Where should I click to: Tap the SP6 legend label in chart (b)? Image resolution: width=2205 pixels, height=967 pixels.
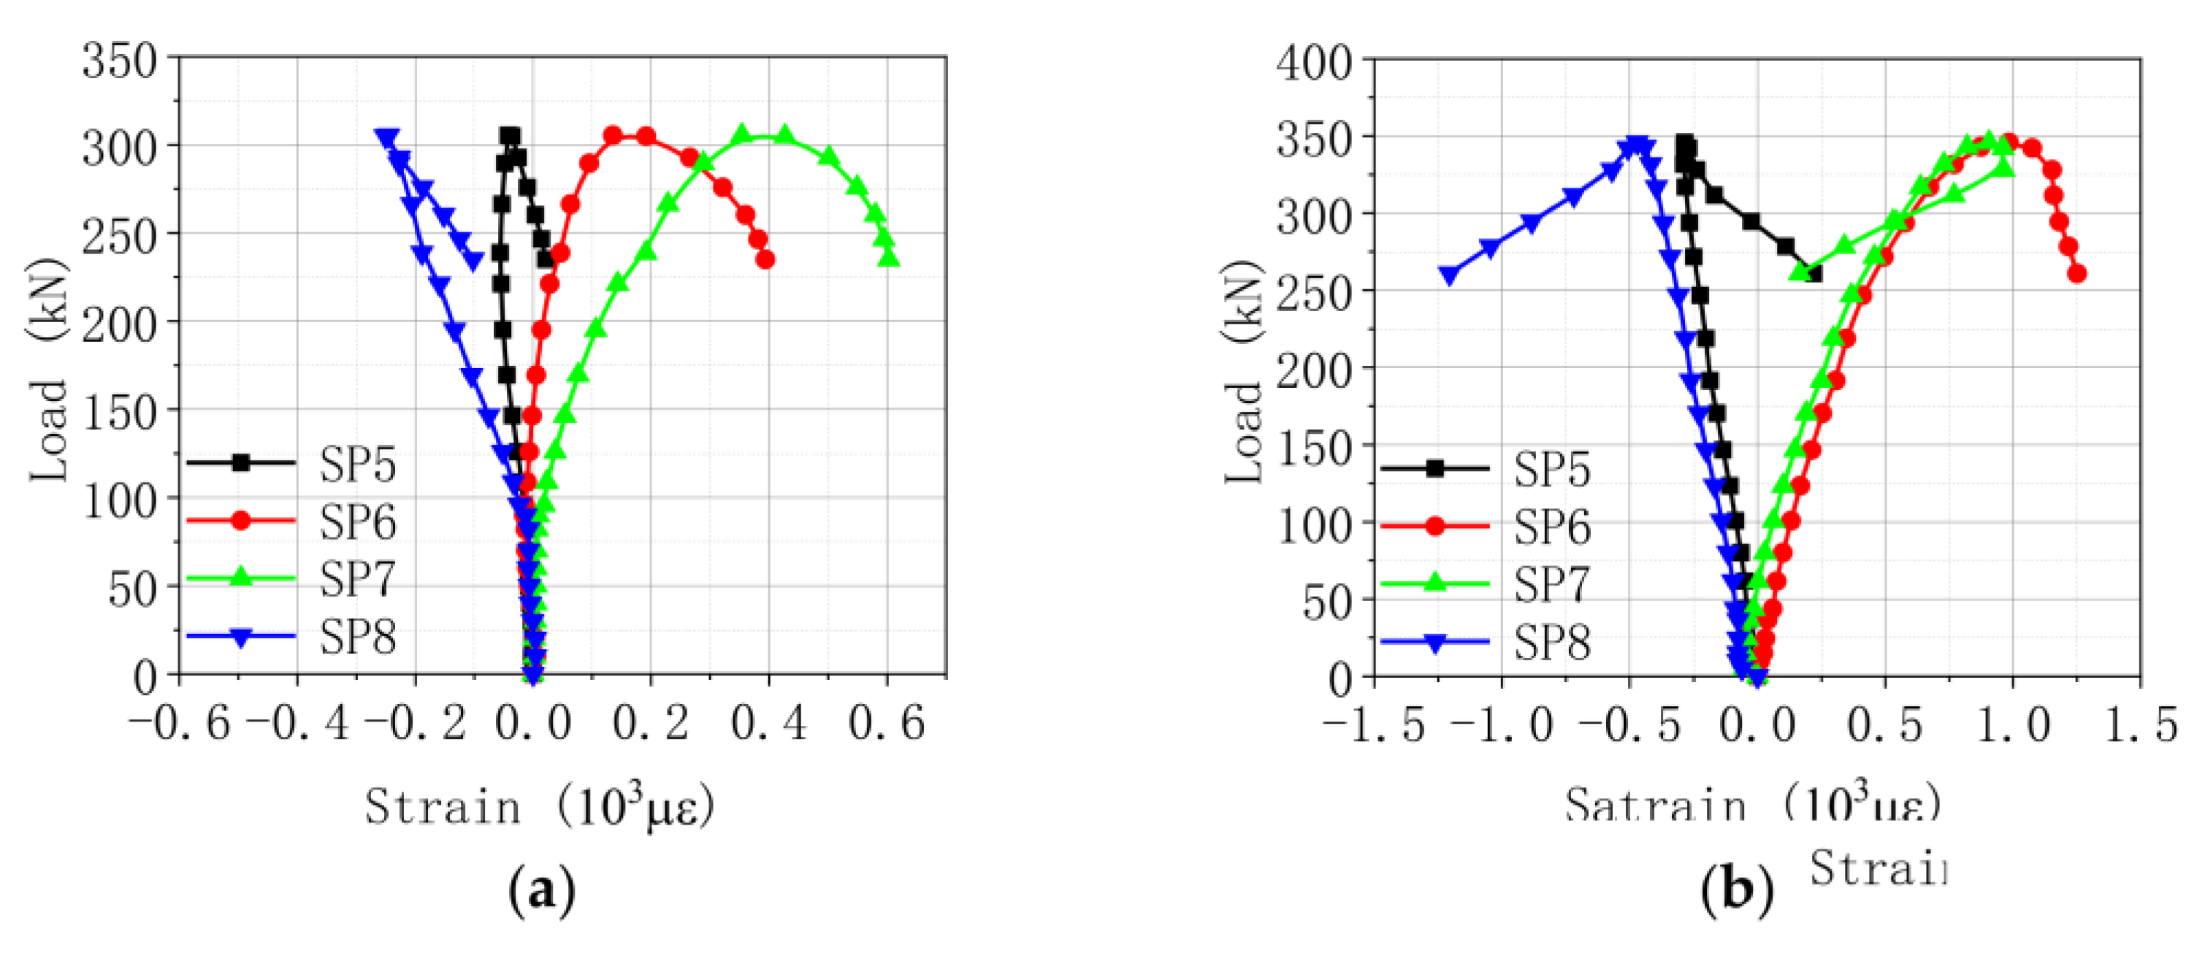click(x=1552, y=527)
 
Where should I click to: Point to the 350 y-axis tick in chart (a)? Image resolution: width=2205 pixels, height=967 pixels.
click(x=120, y=61)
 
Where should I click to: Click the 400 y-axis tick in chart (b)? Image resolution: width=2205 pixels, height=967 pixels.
click(x=1314, y=64)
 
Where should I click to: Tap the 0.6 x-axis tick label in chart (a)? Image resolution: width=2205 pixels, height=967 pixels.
click(x=887, y=723)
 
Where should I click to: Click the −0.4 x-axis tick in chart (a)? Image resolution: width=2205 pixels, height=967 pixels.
click(x=297, y=723)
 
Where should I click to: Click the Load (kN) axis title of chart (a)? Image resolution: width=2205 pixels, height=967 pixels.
click(x=49, y=368)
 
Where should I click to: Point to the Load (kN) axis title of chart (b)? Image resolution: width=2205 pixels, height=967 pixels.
click(x=1244, y=372)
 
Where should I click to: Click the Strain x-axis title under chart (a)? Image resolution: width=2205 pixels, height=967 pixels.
click(x=539, y=806)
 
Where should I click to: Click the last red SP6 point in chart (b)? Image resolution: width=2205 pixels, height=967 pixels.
click(x=2076, y=274)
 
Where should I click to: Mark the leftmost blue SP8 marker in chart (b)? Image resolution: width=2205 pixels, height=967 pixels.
click(x=1449, y=275)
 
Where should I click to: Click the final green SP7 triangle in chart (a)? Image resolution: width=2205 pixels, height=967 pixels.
click(x=890, y=257)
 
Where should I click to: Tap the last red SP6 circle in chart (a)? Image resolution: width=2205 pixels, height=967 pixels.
click(x=765, y=259)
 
